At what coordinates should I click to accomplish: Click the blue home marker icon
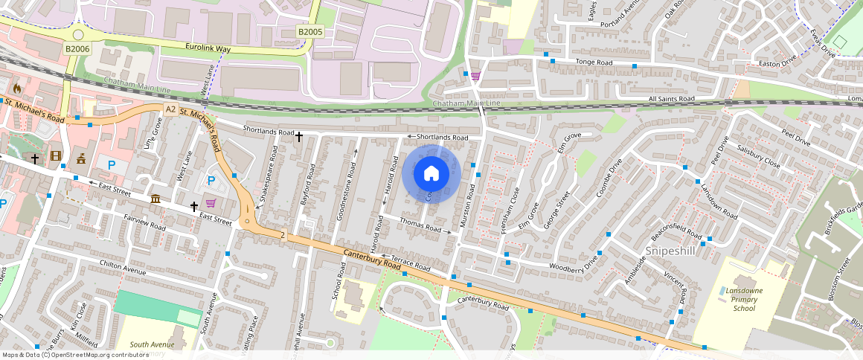coord(431,174)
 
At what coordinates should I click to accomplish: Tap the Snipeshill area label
coord(670,251)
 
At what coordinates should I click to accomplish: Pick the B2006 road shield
coord(77,49)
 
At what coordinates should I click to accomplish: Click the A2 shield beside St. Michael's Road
coord(170,109)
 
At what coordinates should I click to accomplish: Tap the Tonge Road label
coord(594,63)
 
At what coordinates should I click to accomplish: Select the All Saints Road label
coord(671,98)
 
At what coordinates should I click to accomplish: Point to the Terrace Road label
coord(411,263)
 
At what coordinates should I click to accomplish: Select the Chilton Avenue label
coord(123,267)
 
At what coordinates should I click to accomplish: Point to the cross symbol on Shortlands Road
coord(299,137)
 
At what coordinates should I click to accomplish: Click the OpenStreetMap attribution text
coord(76,355)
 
